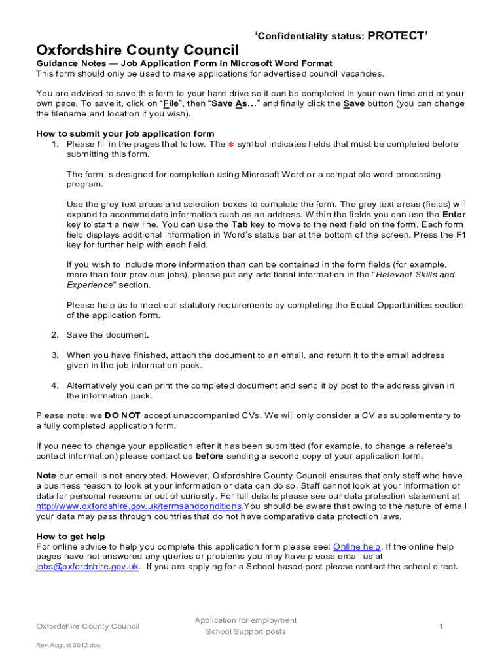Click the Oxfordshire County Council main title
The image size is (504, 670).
[137, 50]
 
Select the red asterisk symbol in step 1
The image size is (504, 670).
[230, 144]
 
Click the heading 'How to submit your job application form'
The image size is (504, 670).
[125, 133]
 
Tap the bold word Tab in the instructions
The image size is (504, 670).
[240, 224]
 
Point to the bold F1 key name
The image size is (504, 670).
[461, 234]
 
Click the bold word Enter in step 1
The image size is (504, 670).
[454, 214]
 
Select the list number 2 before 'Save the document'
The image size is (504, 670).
[56, 335]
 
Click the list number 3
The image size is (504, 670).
[56, 355]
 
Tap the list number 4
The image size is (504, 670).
[56, 385]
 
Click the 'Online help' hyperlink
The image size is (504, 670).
[357, 546]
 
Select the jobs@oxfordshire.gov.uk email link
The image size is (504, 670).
[87, 567]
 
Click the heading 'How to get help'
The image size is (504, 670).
[71, 537]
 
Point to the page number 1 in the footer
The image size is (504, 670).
[441, 626]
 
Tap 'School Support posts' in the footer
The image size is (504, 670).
[245, 631]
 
